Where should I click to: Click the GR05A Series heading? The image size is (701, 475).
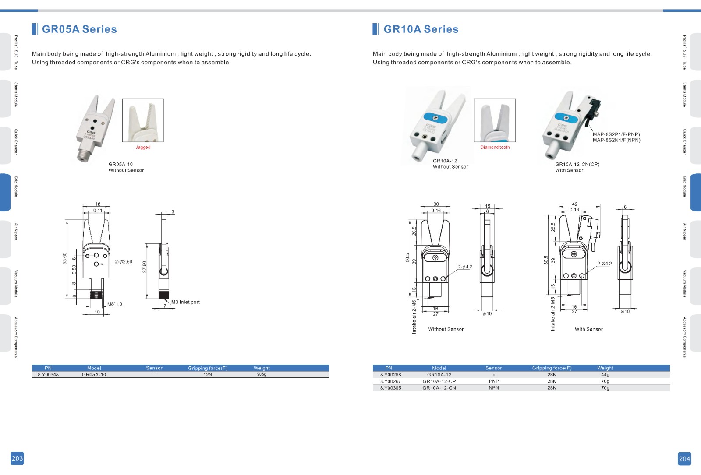pyautogui.click(x=79, y=29)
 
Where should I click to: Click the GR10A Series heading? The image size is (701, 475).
pyautogui.click(x=421, y=29)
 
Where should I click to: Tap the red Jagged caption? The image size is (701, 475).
pyautogui.click(x=143, y=147)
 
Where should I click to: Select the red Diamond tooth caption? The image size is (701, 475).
pyautogui.click(x=495, y=147)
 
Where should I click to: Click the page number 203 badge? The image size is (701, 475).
pyautogui.click(x=17, y=458)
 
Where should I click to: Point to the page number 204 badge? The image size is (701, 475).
pyautogui.click(x=684, y=459)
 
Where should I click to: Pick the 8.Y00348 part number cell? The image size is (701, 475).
pyautogui.click(x=48, y=375)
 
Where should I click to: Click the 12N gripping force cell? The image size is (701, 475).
pyautogui.click(x=208, y=375)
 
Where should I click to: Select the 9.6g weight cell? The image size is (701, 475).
pyautogui.click(x=262, y=374)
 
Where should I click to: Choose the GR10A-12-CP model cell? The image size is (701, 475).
pyautogui.click(x=439, y=381)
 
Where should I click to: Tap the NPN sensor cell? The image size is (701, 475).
pyautogui.click(x=494, y=388)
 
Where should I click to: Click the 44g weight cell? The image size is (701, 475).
pyautogui.click(x=605, y=375)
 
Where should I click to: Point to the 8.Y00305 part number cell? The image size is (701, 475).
pyautogui.click(x=390, y=388)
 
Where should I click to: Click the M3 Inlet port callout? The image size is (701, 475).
pyautogui.click(x=185, y=302)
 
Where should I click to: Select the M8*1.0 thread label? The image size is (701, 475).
pyautogui.click(x=114, y=304)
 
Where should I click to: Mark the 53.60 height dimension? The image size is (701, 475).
pyautogui.click(x=64, y=259)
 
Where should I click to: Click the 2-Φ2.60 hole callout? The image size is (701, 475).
pyautogui.click(x=124, y=261)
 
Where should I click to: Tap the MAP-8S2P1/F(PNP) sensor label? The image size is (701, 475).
pyautogui.click(x=616, y=134)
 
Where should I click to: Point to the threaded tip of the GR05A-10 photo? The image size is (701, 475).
pyautogui.click(x=84, y=155)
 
